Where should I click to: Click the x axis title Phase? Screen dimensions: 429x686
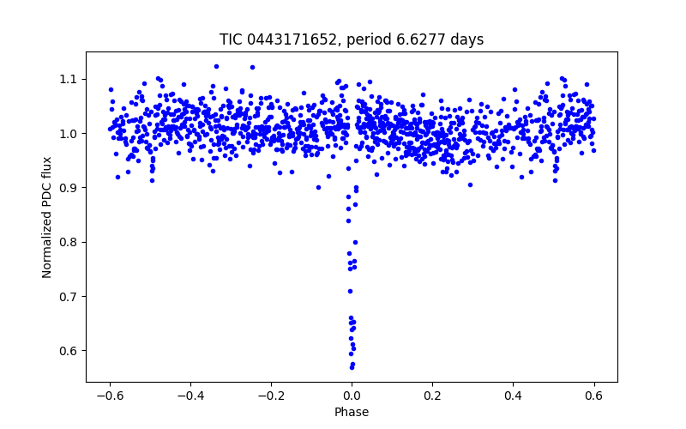[352, 412]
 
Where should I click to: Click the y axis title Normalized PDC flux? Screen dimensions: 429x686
[47, 216]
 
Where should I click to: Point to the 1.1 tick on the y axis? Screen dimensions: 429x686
[69, 79]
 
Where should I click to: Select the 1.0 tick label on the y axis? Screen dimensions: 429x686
[69, 133]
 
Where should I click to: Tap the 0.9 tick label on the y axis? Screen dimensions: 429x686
[69, 188]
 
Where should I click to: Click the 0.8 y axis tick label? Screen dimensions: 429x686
[69, 242]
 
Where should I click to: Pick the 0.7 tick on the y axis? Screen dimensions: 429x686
[69, 296]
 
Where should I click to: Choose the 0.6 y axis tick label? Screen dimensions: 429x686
[69, 351]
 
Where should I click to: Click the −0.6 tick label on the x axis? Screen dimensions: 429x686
[110, 396]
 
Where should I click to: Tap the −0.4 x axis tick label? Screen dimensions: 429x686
[190, 396]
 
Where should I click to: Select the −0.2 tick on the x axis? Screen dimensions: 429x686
[271, 396]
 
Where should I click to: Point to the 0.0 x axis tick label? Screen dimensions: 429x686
[352, 396]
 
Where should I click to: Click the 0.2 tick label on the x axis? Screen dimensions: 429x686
[432, 396]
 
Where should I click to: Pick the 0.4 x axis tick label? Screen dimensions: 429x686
[513, 396]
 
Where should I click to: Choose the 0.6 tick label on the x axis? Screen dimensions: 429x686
[593, 396]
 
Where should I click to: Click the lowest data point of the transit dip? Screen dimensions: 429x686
[352, 367]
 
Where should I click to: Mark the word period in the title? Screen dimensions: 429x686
[363, 39]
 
